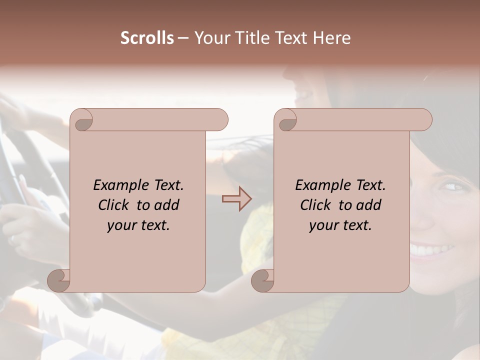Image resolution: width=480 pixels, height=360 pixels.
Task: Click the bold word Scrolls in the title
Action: pyautogui.click(x=147, y=38)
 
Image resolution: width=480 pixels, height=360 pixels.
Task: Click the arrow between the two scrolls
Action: pyautogui.click(x=237, y=199)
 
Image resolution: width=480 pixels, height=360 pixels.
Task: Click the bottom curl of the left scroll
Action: pyautogui.click(x=59, y=281)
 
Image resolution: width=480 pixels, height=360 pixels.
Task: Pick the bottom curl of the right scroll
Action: pyautogui.click(x=263, y=281)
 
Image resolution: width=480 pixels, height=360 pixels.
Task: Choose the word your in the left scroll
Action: pyautogui.click(x=120, y=225)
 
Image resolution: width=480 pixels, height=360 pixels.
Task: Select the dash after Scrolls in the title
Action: pyautogui.click(x=183, y=38)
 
